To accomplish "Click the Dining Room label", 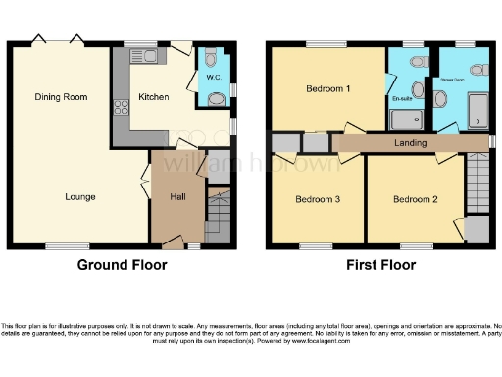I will (x=61, y=96).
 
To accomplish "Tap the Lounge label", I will (x=80, y=197).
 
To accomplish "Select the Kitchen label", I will (x=154, y=97).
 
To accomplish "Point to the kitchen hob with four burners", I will (x=122, y=107).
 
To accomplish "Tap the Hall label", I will (x=177, y=197).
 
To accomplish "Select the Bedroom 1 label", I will (x=328, y=89).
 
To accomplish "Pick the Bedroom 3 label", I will (x=318, y=199).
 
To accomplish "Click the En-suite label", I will (x=402, y=98).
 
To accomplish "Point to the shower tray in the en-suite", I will (x=405, y=120).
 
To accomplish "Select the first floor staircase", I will (x=475, y=187).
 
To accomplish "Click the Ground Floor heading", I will (x=122, y=264).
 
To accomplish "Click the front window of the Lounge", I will (x=61, y=245).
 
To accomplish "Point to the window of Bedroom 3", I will (x=316, y=245).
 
